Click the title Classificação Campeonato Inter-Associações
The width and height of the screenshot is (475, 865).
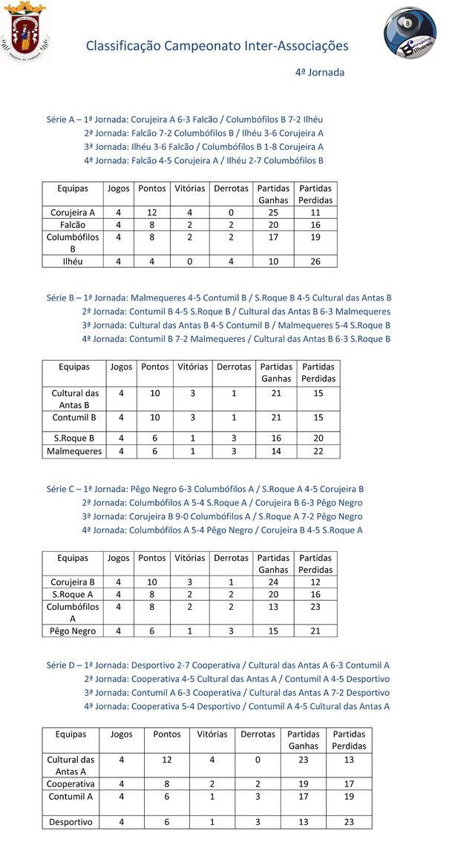tap(217, 46)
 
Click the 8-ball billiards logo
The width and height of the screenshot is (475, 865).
tap(410, 35)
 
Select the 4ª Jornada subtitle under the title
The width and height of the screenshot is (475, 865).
tap(319, 73)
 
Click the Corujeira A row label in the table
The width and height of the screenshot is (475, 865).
tap(73, 213)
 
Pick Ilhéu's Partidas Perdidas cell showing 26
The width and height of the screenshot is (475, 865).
tap(315, 261)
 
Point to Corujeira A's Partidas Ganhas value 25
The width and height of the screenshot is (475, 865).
tap(273, 213)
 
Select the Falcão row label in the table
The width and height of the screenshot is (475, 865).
tap(73, 225)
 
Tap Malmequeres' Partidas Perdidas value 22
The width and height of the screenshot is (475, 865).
tap(318, 451)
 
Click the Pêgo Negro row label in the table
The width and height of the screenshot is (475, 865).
tap(73, 631)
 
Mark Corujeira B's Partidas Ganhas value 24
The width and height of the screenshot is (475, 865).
tap(273, 582)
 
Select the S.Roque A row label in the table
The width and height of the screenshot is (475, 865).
tap(73, 594)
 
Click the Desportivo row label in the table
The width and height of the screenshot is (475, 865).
tap(71, 822)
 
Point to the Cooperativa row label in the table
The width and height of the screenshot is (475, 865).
tap(71, 783)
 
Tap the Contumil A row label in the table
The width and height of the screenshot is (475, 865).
tap(71, 797)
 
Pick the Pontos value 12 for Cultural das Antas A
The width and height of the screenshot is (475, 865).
tap(167, 760)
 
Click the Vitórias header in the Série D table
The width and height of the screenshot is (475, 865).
tap(212, 734)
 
